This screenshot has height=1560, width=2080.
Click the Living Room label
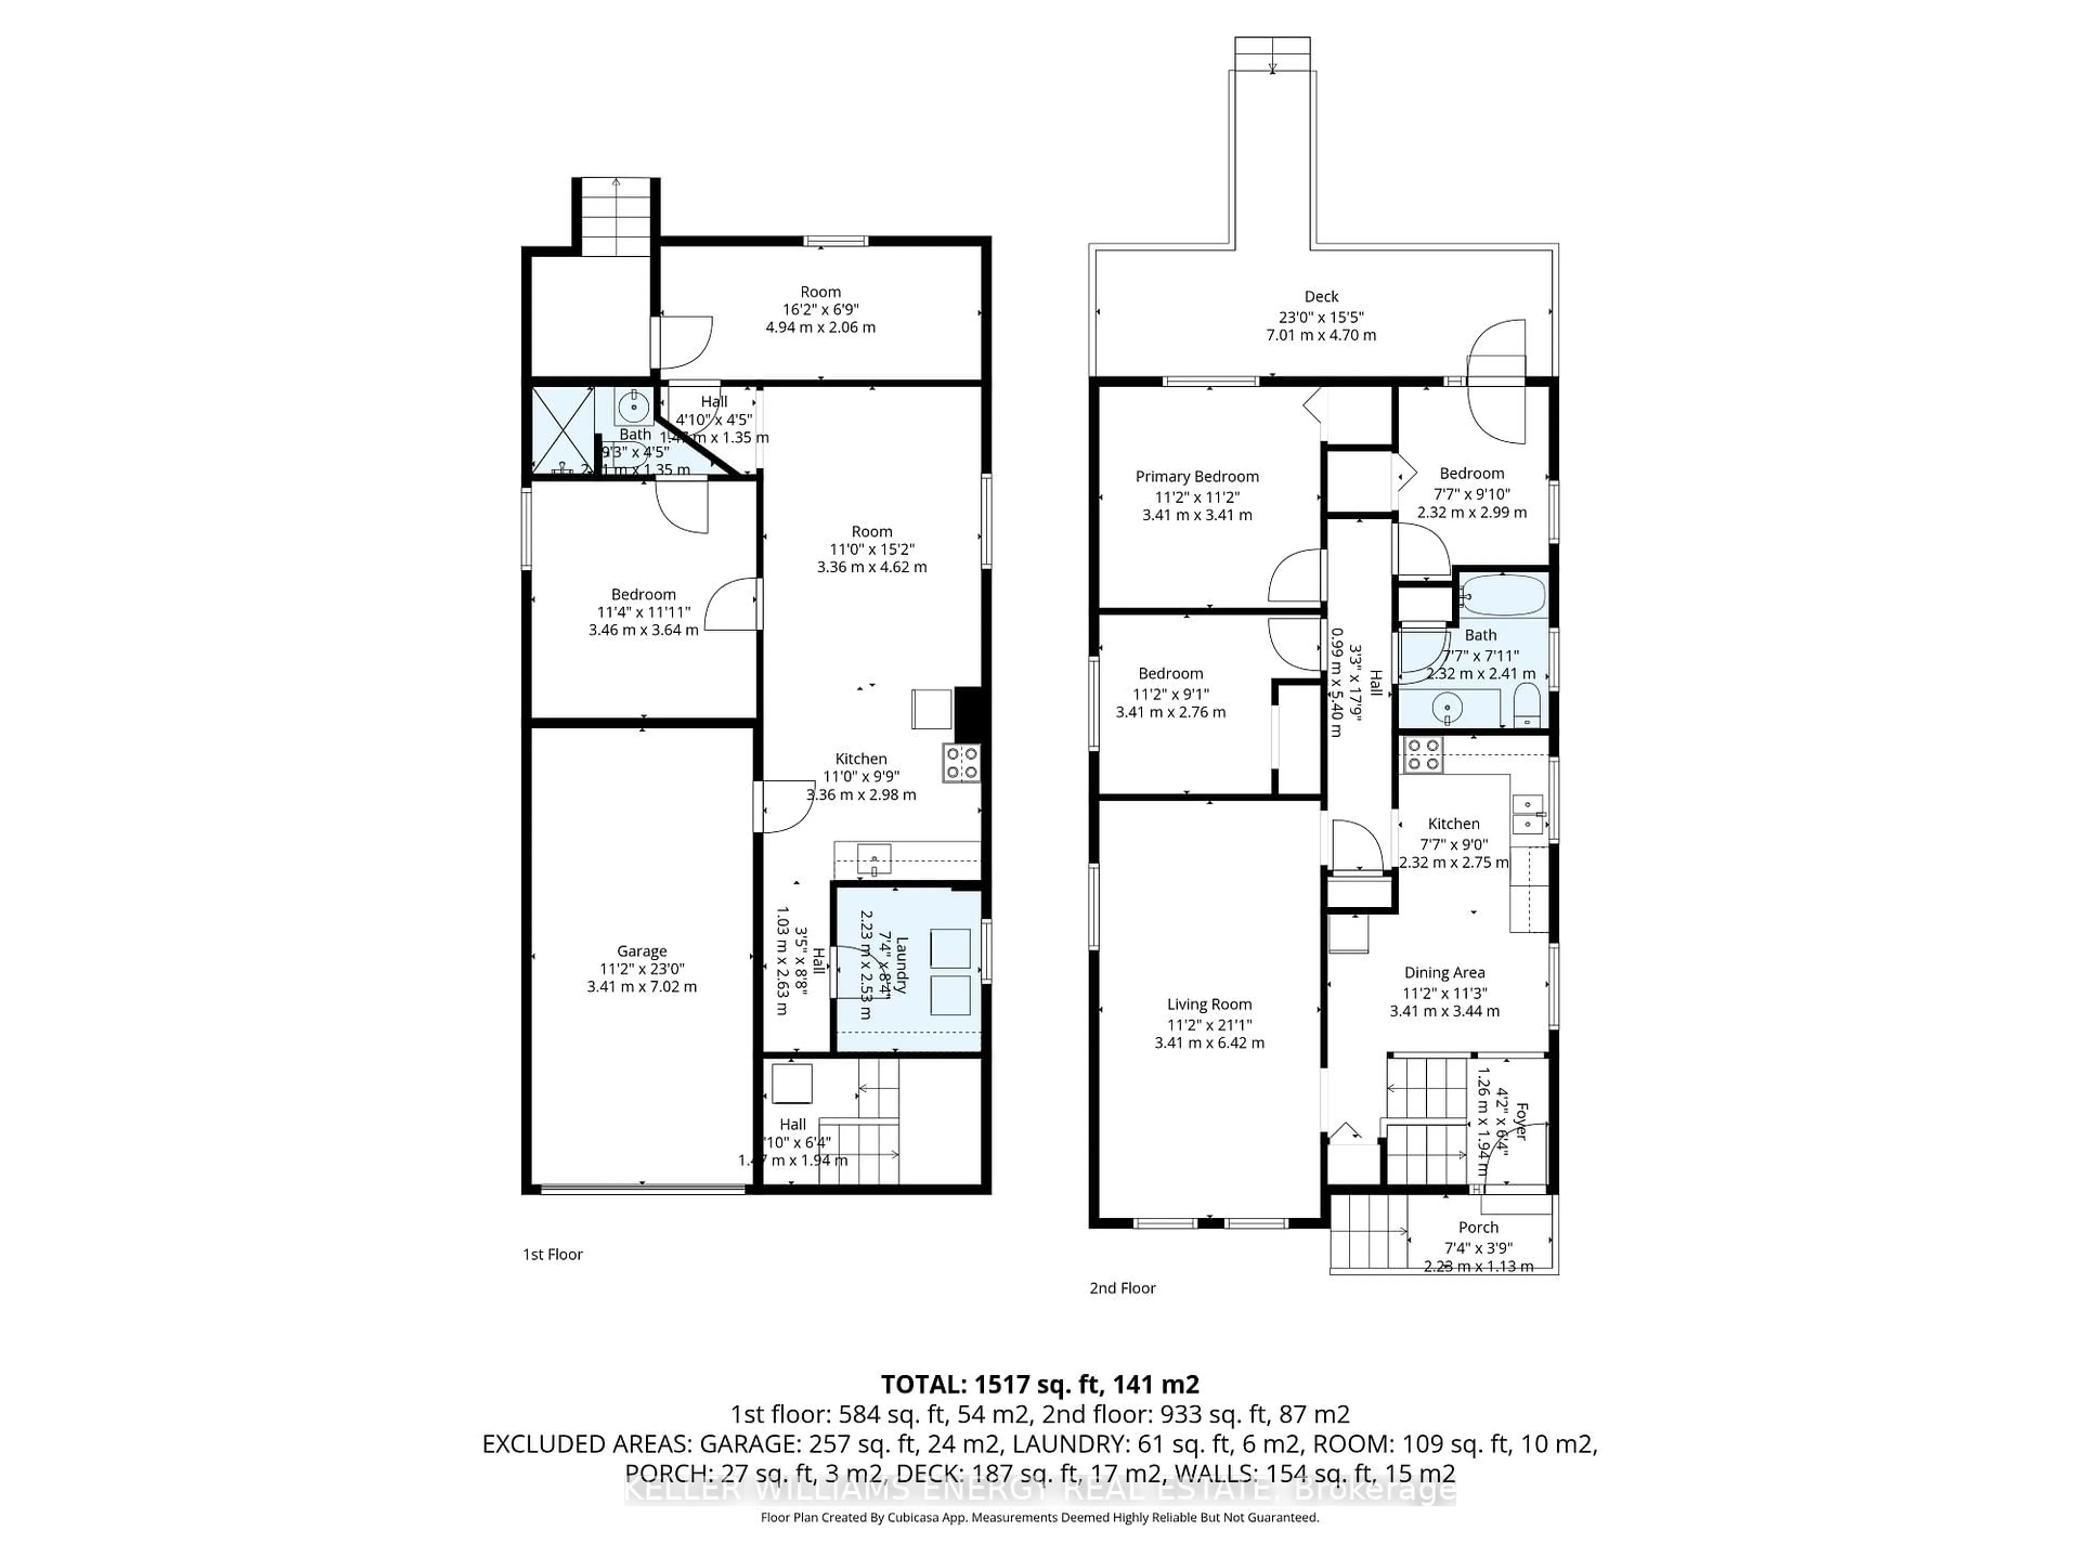tap(1208, 1004)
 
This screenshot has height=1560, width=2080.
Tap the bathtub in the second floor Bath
tap(1503, 595)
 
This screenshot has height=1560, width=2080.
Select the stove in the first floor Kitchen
tap(961, 763)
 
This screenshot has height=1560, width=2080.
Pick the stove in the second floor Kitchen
tap(1422, 754)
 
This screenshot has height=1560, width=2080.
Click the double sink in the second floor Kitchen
tap(1527, 814)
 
